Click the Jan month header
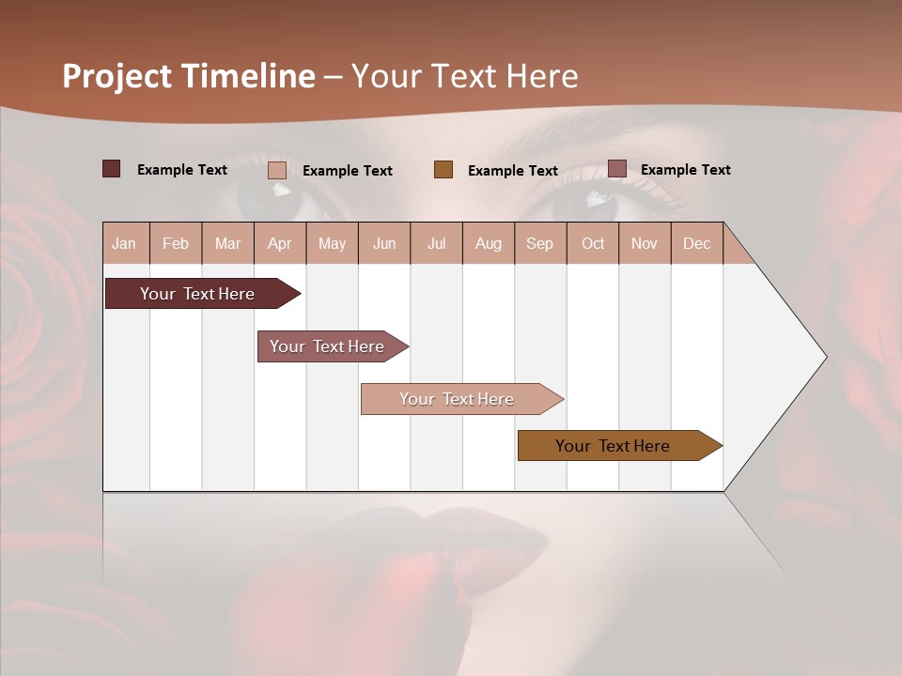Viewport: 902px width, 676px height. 124,243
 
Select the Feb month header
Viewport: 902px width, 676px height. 176,243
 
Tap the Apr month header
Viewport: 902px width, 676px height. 279,243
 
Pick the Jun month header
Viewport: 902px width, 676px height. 384,243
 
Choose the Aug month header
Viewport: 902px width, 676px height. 488,243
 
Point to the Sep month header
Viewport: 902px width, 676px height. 539,243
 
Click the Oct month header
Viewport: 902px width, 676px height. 593,243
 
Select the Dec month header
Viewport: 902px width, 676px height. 696,243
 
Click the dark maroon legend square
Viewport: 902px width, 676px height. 112,169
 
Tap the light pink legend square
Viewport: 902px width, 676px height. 277,170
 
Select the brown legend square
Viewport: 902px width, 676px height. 443,169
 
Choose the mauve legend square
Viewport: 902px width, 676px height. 617,169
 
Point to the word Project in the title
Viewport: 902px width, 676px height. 117,76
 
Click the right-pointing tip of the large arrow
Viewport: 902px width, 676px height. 824,357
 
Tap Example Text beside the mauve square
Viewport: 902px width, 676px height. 685,169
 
